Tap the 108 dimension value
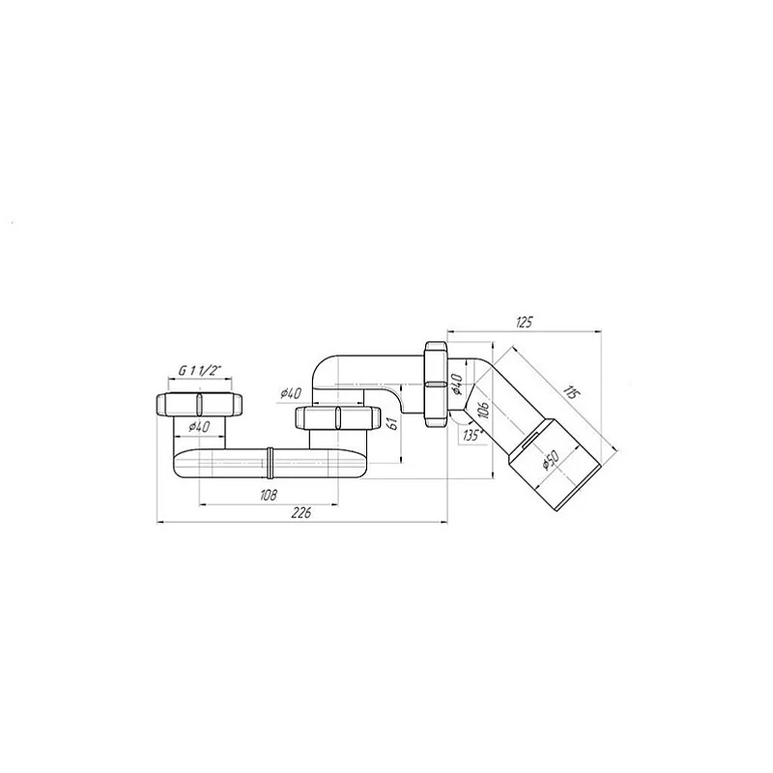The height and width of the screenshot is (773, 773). [268, 495]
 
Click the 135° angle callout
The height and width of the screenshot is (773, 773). [471, 434]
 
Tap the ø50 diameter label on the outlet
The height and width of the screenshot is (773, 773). [548, 463]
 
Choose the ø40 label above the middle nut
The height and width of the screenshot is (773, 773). [291, 393]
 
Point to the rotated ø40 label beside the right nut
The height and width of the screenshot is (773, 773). [457, 388]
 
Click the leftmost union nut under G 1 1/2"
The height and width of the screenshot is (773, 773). [197, 404]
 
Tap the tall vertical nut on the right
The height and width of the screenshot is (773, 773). [437, 381]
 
